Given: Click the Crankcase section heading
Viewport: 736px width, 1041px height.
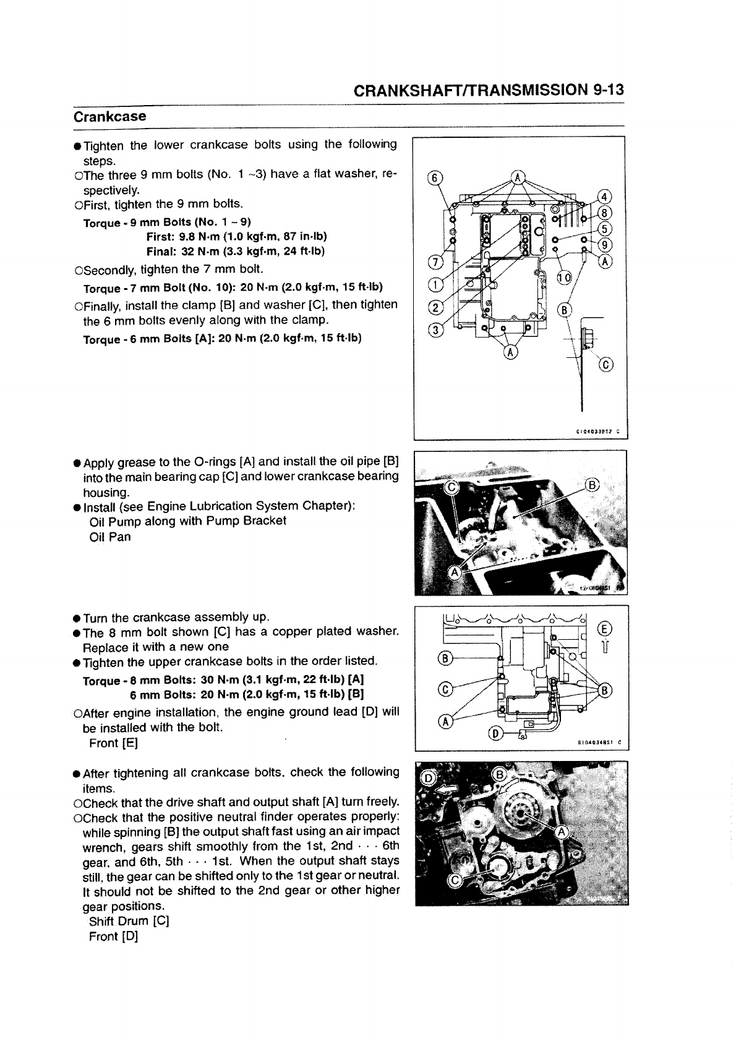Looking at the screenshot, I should (109, 117).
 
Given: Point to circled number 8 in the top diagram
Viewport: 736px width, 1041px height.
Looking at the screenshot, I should (605, 213).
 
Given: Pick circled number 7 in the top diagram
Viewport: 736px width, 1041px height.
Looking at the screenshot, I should (435, 262).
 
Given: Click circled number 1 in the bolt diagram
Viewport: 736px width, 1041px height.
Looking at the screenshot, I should (435, 285).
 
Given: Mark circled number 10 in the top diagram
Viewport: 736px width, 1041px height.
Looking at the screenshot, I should (563, 278).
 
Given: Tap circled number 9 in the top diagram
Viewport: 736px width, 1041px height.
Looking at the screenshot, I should (605, 244).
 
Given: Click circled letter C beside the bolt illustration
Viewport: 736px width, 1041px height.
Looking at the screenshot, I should (605, 365).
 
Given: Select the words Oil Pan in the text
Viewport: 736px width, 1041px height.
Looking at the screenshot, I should (110, 537).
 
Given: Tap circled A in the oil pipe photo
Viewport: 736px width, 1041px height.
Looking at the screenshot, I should (455, 572).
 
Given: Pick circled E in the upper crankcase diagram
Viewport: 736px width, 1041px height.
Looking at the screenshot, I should (605, 629).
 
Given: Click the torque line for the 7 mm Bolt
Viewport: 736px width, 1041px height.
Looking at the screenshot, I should (233, 288).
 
